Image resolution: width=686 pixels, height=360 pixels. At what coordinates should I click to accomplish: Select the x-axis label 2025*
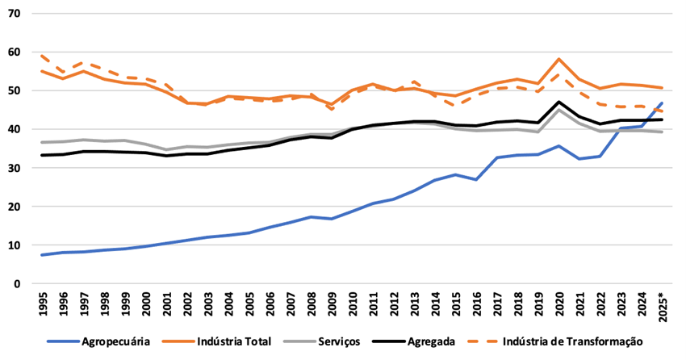pos(662,309)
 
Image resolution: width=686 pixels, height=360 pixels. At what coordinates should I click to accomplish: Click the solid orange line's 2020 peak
pos(559,59)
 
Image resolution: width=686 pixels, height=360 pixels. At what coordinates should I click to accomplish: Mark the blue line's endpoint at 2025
pos(662,103)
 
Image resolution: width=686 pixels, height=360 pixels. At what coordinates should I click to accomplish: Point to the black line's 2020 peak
pos(559,103)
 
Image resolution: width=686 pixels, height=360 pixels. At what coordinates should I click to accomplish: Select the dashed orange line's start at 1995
pos(43,56)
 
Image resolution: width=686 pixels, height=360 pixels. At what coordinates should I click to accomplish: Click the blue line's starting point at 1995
pos(43,255)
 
